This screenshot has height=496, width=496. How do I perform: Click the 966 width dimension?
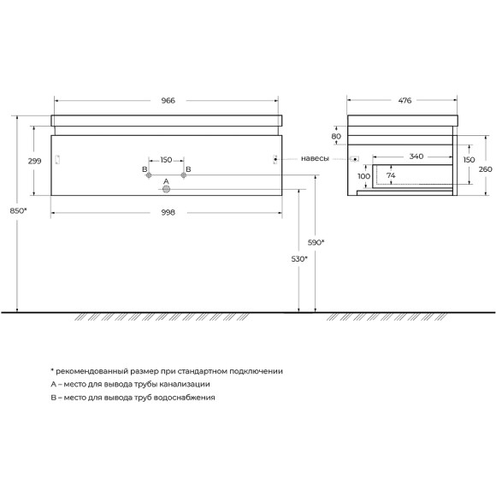coord(168,101)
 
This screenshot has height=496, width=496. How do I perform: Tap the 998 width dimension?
coord(168,212)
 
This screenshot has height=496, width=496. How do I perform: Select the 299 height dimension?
coord(35,160)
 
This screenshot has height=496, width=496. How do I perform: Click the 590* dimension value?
coord(316,243)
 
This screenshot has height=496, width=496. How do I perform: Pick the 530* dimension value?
coord(299,257)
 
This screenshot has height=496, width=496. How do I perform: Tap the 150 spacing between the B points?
coord(167,160)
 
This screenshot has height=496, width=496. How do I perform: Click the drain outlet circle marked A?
coord(167,190)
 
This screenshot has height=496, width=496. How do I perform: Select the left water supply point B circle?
coord(149,177)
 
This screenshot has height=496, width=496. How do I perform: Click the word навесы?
coord(315,159)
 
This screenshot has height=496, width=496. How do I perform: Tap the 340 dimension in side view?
coord(416,156)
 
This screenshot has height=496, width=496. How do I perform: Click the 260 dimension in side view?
coord(485,168)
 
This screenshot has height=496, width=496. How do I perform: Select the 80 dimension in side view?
coord(336,136)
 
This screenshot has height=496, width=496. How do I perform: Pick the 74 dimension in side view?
coord(390,175)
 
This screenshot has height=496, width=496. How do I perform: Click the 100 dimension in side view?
coord(363,177)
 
